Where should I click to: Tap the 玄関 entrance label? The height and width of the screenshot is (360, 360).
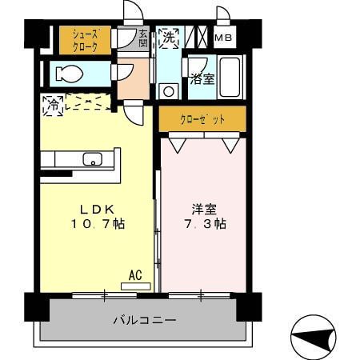tap(143, 39)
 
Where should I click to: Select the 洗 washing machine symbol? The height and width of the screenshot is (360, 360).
tap(168, 38)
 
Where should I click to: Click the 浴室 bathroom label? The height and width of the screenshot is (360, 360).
tap(202, 78)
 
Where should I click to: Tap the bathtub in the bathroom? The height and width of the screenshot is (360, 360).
tap(232, 78)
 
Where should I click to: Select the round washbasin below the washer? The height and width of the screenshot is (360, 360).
tap(167, 90)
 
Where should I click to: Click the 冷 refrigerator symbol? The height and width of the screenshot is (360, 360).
tap(53, 104)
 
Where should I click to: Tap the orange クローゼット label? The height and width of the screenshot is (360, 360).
tap(202, 119)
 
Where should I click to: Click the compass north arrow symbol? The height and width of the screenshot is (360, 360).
tap(314, 337)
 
